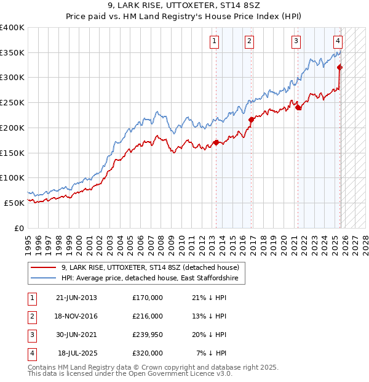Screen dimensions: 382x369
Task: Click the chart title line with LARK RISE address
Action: [184, 6]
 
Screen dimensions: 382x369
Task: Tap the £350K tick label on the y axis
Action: [12, 52]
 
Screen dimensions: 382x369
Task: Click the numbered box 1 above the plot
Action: [214, 41]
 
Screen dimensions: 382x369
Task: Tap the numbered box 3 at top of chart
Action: [296, 41]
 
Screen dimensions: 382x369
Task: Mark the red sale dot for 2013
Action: [216, 143]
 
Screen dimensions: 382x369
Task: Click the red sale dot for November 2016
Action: [251, 120]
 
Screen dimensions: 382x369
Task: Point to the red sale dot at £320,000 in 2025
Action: [340, 68]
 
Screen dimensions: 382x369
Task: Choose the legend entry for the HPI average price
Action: [153, 278]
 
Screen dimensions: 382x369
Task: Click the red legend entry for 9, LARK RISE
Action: [153, 267]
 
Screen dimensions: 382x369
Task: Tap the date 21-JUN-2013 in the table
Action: [76, 298]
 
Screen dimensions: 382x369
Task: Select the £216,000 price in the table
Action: [148, 316]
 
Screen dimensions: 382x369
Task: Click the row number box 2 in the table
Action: [31, 316]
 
